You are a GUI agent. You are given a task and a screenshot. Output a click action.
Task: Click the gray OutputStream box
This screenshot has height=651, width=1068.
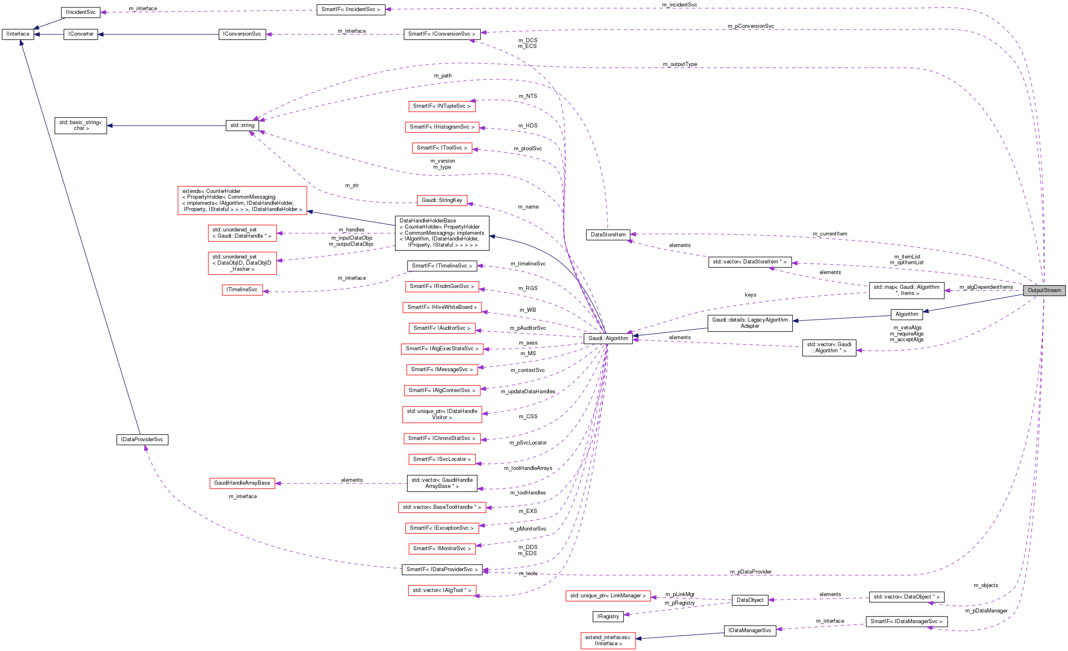pos(1044,290)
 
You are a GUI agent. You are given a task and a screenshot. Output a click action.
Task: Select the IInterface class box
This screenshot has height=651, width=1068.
pos(18,34)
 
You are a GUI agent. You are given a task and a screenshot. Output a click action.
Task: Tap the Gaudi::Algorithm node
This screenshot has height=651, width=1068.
pos(608,338)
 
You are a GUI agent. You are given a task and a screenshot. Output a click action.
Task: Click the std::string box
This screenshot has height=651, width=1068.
pos(242,125)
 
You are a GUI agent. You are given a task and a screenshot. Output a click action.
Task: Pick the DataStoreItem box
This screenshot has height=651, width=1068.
pos(608,235)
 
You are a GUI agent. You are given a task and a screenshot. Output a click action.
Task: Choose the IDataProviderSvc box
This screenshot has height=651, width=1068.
pos(142,439)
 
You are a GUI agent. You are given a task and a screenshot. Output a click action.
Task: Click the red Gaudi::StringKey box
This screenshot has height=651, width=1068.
pos(442,200)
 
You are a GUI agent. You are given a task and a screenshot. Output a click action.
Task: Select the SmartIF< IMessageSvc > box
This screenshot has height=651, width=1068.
pos(442,370)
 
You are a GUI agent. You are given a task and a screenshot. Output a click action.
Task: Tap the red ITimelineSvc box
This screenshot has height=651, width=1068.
pos(242,290)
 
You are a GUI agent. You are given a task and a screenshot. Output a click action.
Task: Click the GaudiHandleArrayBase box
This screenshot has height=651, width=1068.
pos(242,483)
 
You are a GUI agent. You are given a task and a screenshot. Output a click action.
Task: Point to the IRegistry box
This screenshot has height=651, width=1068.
pos(608,616)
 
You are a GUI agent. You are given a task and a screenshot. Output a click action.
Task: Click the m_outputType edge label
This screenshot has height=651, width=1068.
pos(680,64)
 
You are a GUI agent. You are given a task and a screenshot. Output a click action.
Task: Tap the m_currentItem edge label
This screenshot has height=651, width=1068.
pos(830,234)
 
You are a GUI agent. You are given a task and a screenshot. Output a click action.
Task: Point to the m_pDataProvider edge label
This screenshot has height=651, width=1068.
pos(751,572)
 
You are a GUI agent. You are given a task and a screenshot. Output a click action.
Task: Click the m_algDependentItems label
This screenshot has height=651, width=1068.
pos(986,287)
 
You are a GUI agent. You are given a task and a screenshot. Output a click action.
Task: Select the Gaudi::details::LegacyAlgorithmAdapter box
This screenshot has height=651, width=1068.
pos(750,323)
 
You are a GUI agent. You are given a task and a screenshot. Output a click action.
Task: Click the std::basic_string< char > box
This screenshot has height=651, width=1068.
pos(81,125)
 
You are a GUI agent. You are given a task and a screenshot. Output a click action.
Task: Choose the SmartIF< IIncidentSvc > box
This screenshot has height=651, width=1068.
pos(351,9)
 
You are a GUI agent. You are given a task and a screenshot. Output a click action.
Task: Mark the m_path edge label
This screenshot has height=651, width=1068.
pos(443,75)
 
